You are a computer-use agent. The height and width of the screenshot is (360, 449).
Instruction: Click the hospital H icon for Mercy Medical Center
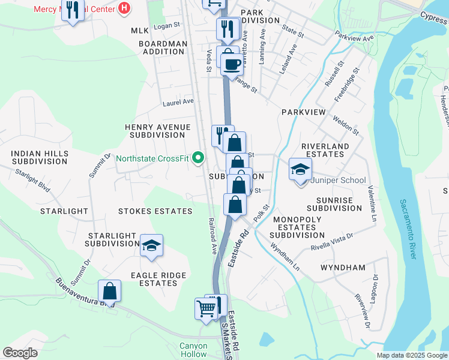pyautogui.click(x=124, y=8)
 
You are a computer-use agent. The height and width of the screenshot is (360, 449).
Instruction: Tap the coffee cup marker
pyautogui.click(x=232, y=64)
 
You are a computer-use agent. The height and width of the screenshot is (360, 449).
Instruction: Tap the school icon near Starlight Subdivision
pyautogui.click(x=152, y=245)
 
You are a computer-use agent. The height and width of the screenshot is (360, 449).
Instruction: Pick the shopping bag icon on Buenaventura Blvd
pyautogui.click(x=110, y=292)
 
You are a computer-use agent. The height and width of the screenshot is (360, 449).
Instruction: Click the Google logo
pyautogui.click(x=20, y=352)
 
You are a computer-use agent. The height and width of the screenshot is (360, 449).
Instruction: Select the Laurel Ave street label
pyautogui.click(x=178, y=103)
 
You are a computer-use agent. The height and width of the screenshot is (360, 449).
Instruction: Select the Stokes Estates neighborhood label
pyautogui.click(x=155, y=211)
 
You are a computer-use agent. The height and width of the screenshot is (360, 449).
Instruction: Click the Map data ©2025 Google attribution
pyautogui.click(x=412, y=355)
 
